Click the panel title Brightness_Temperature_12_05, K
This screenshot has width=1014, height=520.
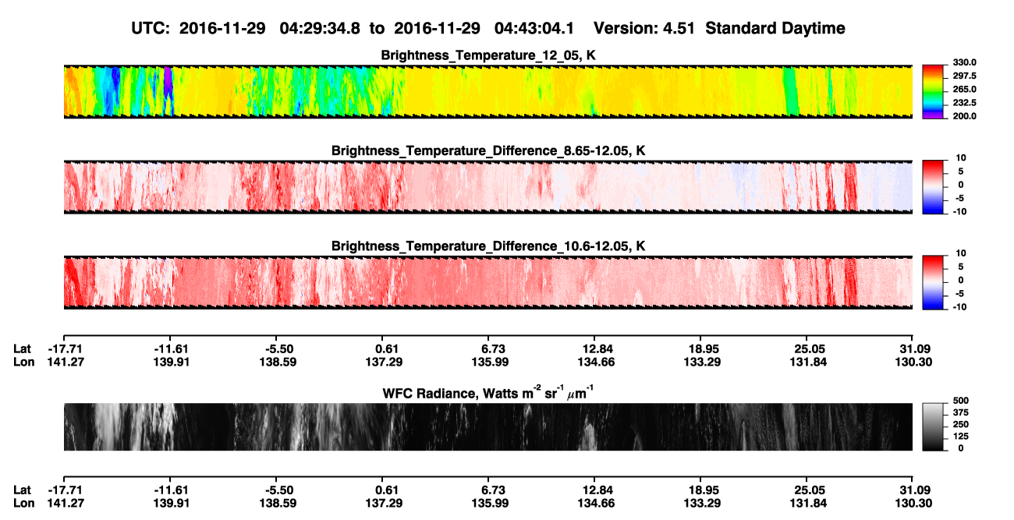[488, 55]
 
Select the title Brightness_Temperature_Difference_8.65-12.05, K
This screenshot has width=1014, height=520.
[488, 150]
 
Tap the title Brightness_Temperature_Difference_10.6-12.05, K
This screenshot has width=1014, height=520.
[488, 246]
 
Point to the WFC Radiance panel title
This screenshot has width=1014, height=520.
[487, 392]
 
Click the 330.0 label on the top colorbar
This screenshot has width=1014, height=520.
[964, 62]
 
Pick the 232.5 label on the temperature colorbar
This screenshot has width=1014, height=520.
[964, 103]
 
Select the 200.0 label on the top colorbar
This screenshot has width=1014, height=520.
[964, 116]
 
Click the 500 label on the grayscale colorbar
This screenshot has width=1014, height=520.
[961, 401]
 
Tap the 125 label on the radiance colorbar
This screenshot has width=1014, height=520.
[961, 437]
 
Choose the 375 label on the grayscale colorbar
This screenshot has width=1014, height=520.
[961, 412]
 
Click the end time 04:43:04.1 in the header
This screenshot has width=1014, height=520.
[534, 28]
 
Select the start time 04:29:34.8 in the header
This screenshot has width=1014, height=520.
[320, 28]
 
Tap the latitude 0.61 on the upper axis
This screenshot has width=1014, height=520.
[387, 349]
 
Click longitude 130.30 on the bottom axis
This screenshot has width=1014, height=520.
[913, 504]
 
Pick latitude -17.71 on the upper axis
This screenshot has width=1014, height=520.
[66, 349]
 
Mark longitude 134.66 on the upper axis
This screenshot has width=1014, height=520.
[596, 362]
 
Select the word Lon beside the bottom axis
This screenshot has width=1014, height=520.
[24, 504]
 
